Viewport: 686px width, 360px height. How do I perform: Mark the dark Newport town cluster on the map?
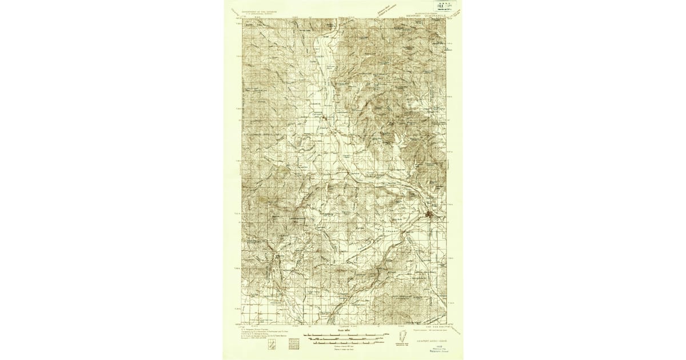coord(432,215)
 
